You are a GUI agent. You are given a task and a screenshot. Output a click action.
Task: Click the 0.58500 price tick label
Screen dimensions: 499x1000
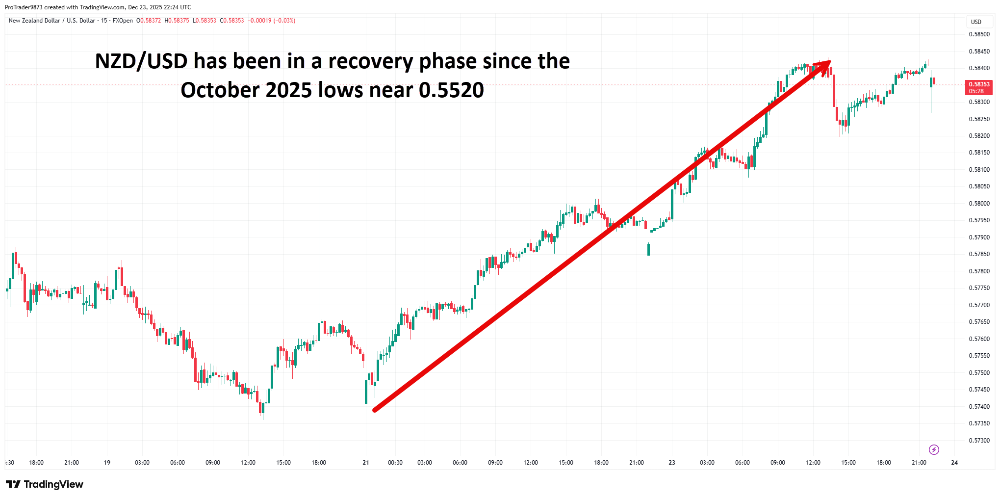tap(979, 34)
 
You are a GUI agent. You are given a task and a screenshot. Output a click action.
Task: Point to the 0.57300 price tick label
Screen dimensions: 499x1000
tap(979, 440)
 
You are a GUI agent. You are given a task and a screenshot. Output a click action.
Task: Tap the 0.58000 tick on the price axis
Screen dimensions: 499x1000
tap(979, 203)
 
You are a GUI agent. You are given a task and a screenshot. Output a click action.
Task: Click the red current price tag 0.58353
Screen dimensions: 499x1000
tap(978, 87)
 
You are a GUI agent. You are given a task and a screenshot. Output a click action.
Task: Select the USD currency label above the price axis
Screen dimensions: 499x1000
tap(976, 22)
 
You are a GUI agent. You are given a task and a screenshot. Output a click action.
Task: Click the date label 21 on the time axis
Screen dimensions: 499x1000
tap(365, 462)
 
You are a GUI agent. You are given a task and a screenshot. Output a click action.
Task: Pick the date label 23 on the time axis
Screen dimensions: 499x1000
tap(671, 462)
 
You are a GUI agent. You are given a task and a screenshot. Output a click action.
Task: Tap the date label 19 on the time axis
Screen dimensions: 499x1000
tap(107, 462)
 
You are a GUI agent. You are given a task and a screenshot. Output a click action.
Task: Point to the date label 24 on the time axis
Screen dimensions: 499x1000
tap(954, 462)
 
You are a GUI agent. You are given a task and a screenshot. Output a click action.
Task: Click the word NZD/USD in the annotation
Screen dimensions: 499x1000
tap(141, 61)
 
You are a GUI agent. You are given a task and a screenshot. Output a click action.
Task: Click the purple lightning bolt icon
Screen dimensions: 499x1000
tap(934, 449)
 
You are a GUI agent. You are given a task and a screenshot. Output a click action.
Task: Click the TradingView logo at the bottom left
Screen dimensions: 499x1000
tap(45, 484)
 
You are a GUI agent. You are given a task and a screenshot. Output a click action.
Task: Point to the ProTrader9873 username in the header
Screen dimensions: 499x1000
tap(24, 7)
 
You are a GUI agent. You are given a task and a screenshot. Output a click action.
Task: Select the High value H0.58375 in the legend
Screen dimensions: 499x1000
tap(177, 21)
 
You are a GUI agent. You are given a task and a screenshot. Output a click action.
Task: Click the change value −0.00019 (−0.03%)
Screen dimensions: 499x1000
tap(271, 21)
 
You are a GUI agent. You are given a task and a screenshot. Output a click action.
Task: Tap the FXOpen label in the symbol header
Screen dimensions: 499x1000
tap(123, 21)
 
